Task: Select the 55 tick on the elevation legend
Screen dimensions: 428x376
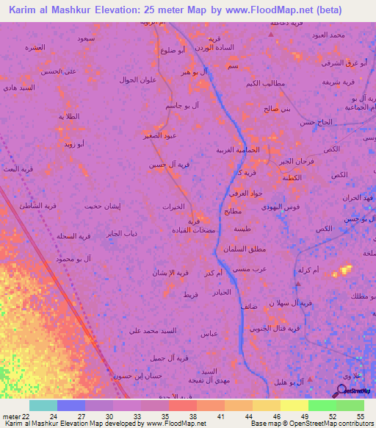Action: pyautogui.click(x=360, y=416)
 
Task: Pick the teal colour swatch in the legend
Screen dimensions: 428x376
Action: pyautogui.click(x=43, y=405)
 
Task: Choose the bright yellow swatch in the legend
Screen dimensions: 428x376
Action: pyautogui.click(x=294, y=405)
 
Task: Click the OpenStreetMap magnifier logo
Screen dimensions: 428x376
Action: pyautogui.click(x=341, y=390)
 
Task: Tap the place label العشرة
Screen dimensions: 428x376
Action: pyautogui.click(x=35, y=48)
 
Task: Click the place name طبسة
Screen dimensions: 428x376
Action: pyautogui.click(x=241, y=229)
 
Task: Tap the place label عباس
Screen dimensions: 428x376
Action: pyautogui.click(x=209, y=333)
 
